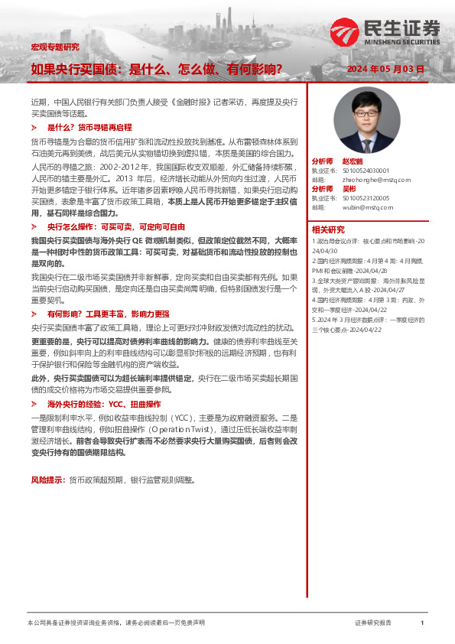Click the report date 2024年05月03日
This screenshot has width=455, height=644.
click(385, 69)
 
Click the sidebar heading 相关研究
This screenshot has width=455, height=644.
click(327, 229)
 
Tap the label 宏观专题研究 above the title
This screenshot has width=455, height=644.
click(54, 47)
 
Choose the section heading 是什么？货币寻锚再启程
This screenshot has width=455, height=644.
click(89, 127)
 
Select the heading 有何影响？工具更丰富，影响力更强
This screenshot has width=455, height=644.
click(109, 314)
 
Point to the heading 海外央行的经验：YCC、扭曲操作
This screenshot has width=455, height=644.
click(104, 403)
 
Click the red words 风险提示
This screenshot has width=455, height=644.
click(46, 480)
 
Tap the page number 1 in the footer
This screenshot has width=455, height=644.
click(423, 623)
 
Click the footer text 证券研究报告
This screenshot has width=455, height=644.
click(373, 623)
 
